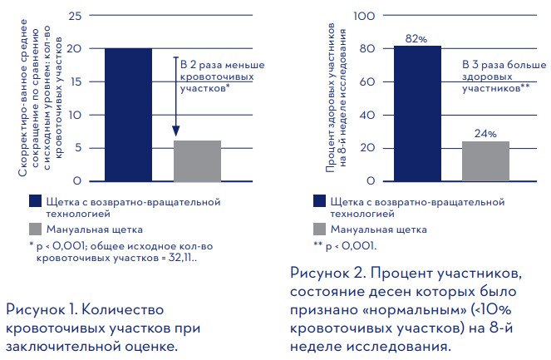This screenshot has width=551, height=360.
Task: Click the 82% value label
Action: [416, 39]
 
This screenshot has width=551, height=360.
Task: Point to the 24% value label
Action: [485, 134]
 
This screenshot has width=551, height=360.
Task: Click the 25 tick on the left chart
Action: [76, 16]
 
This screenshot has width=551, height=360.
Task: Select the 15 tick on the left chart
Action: [76, 81]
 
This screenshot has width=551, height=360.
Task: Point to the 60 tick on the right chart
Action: [371, 81]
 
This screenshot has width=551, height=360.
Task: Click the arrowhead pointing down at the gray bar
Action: [176, 131]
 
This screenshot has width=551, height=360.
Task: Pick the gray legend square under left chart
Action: [35, 229]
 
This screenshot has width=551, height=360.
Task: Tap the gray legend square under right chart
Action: [319, 229]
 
